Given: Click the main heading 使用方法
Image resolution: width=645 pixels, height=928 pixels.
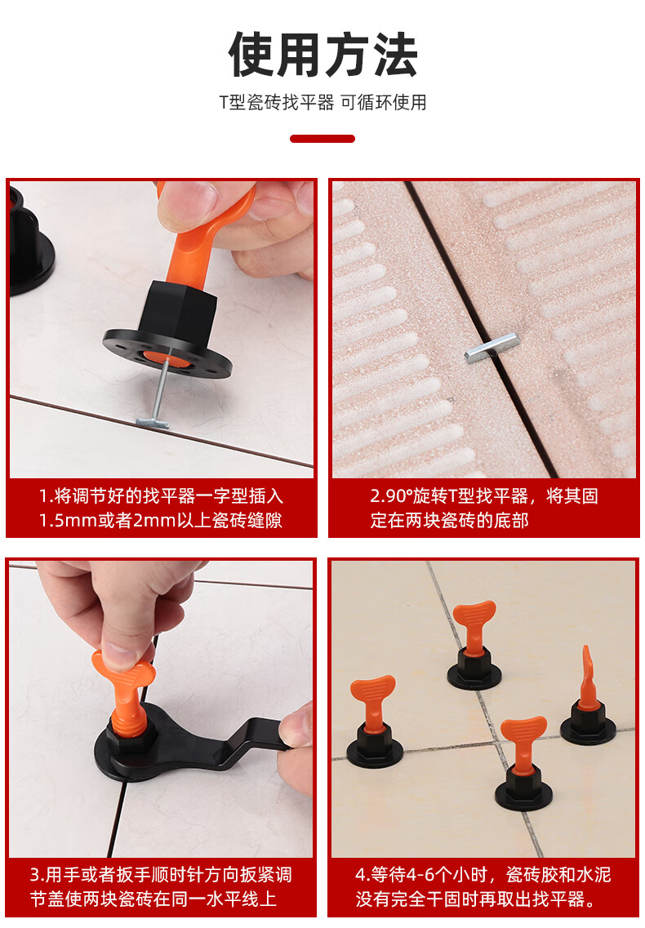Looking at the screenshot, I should [x=322, y=56].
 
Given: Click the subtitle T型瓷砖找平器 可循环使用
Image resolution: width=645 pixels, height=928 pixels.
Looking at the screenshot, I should [x=322, y=103].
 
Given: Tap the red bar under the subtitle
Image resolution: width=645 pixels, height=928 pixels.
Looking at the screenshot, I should [x=322, y=139].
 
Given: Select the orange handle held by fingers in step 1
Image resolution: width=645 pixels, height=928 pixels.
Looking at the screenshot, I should [x=196, y=245].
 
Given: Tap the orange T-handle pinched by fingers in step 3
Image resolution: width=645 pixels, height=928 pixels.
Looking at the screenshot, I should [x=122, y=682].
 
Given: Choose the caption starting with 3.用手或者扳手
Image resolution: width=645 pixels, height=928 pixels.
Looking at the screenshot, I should [x=161, y=886].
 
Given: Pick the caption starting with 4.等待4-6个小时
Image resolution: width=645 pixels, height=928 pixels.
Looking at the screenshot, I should [x=483, y=886].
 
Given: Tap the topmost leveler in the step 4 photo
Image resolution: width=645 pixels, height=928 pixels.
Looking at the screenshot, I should [x=474, y=645].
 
